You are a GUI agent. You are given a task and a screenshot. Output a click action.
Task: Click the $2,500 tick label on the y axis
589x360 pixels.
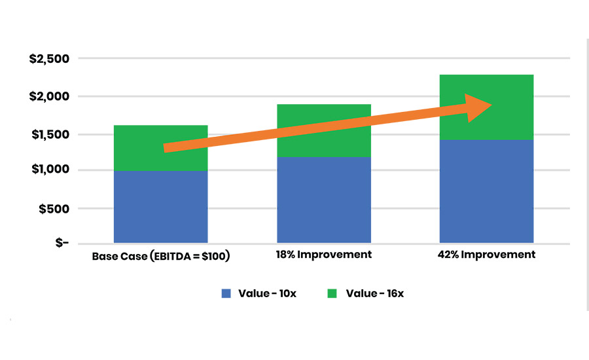(x=49, y=60)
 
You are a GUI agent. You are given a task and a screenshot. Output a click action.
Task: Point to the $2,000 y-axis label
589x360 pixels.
(x=49, y=96)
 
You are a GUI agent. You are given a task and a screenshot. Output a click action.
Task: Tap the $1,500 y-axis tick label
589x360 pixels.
(x=49, y=135)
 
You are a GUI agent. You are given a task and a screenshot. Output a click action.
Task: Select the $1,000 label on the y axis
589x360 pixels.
(x=49, y=170)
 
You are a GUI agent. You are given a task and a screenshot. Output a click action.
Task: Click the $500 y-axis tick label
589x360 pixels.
(x=53, y=209)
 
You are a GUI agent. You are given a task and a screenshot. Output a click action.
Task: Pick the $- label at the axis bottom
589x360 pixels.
(x=61, y=243)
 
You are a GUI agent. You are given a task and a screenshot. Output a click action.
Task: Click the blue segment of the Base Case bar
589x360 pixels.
(x=160, y=207)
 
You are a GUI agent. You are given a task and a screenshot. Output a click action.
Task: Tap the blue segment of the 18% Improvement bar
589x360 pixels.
(x=324, y=200)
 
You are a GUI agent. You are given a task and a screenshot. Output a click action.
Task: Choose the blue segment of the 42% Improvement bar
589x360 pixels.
(x=486, y=191)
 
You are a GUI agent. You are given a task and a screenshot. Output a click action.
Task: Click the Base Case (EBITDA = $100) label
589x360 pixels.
(x=161, y=255)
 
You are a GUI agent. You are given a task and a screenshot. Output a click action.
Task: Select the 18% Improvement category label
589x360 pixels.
(x=324, y=255)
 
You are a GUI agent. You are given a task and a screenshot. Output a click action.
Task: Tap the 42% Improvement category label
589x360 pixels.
(x=486, y=255)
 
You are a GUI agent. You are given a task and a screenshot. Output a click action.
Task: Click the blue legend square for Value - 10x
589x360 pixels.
(x=226, y=293)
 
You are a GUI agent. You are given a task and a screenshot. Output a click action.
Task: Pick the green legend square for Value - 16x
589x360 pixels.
(x=332, y=293)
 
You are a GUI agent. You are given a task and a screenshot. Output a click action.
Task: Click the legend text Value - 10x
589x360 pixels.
(x=267, y=293)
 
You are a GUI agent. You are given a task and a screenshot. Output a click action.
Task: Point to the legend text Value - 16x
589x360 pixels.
(x=374, y=293)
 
